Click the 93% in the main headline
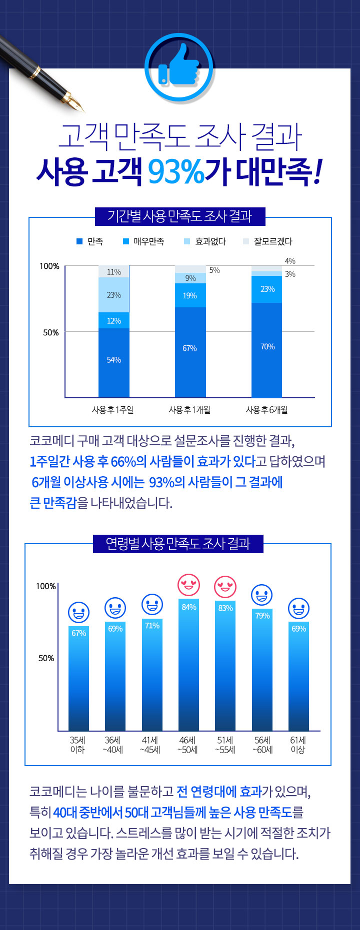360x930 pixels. pos(176,171)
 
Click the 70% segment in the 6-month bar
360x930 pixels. pos(267,349)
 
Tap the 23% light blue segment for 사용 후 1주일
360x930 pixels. pos(114,295)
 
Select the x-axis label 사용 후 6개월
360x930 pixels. pos(266,410)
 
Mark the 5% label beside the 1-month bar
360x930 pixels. pos(214,270)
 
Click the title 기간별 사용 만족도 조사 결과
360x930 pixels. pos(179,216)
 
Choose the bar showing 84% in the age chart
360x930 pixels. pos(189,665)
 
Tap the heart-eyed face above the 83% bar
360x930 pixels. pos(225,587)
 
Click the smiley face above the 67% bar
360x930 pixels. pos(79,612)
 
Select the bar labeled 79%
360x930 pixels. pos(262,670)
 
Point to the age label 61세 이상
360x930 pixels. pos(298,745)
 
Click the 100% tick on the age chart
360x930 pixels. pos(46,586)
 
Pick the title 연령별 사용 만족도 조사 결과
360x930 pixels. pos(178,544)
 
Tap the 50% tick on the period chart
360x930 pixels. pos(50,332)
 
